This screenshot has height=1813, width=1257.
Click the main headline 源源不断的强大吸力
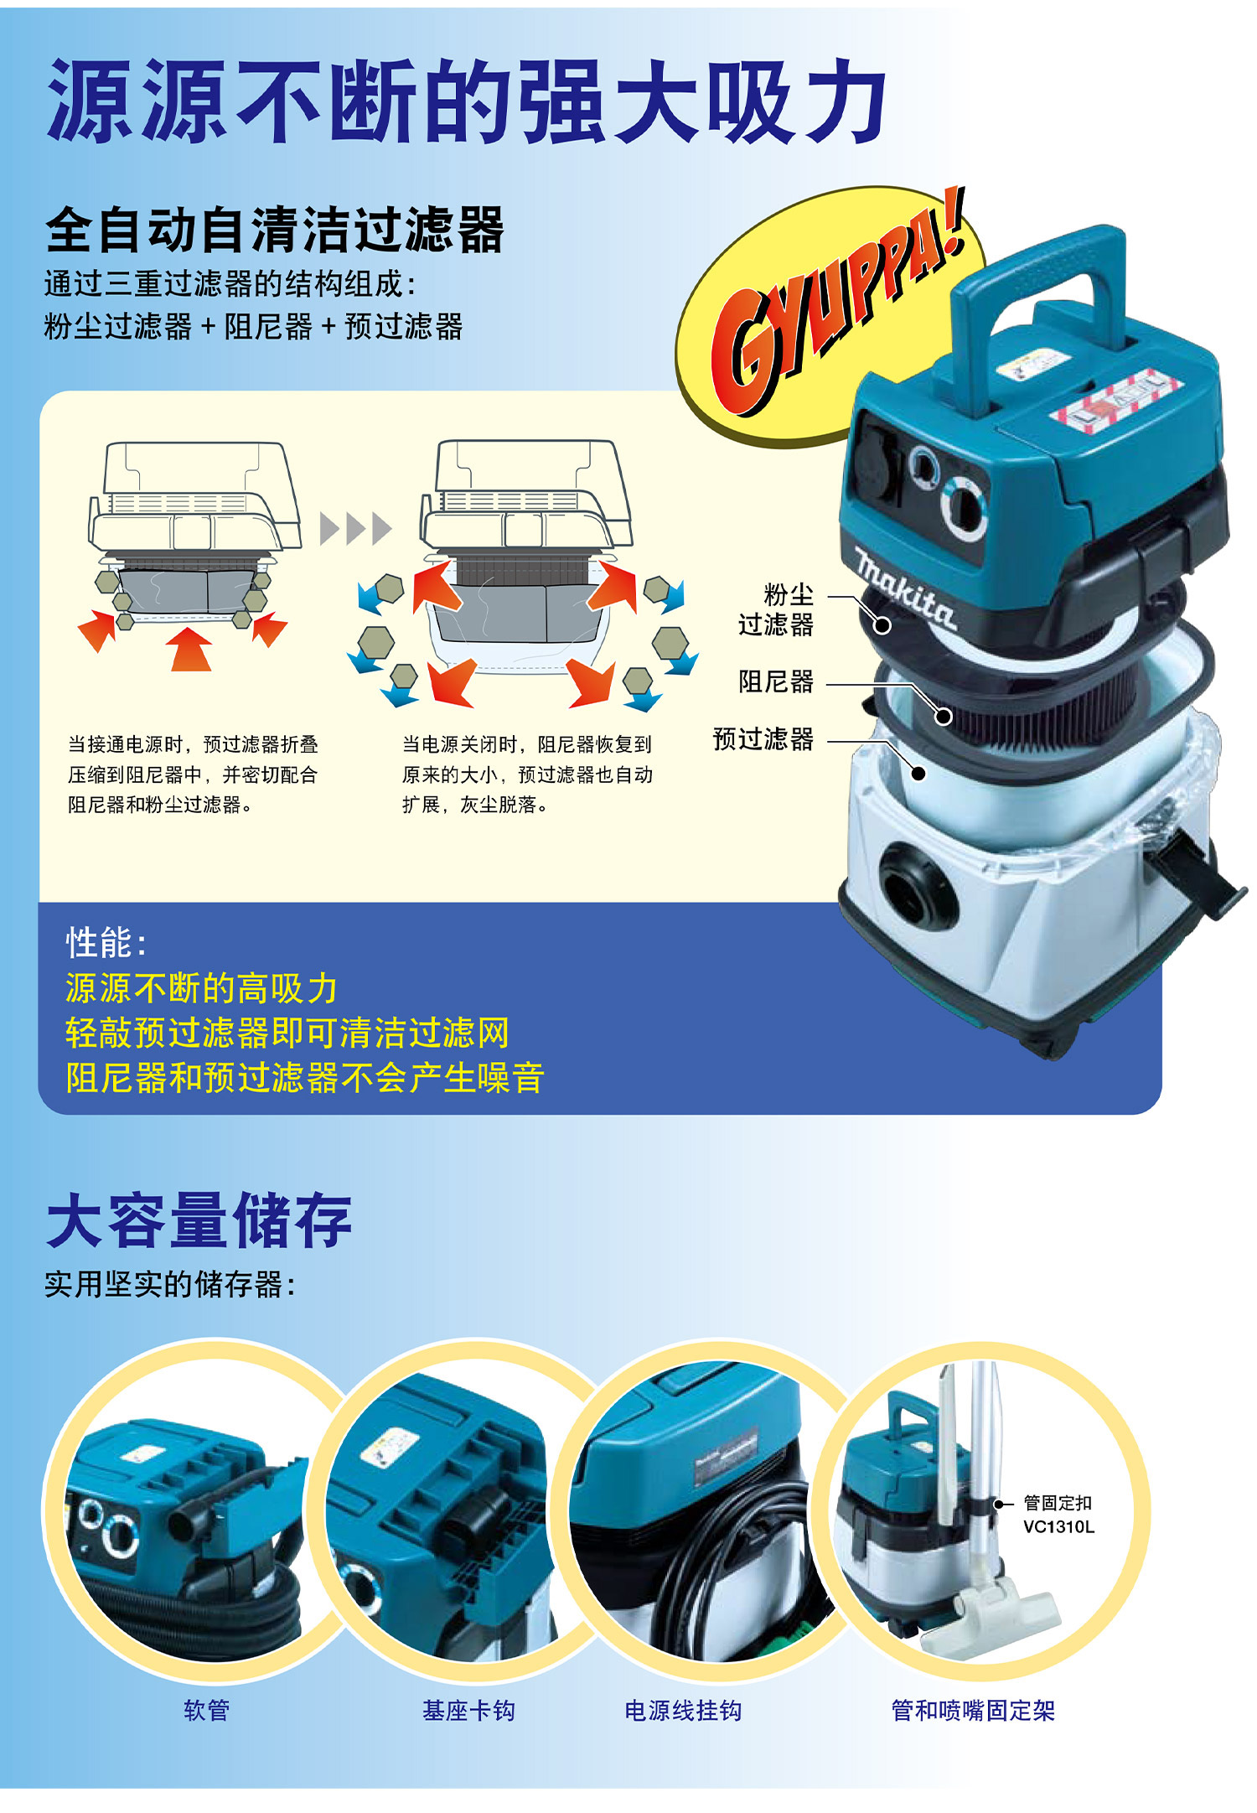pos(466,101)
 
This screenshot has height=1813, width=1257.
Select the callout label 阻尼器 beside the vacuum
pos(776,681)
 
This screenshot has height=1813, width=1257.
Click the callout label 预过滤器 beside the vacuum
pos(763,738)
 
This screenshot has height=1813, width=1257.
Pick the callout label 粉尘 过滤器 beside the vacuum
pos(777,609)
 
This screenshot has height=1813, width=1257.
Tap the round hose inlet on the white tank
pos(917,885)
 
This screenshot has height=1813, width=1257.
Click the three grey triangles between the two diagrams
pos(356,529)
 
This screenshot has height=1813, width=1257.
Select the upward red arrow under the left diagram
pos(190,650)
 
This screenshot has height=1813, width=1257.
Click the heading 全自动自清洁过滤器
pos(275,231)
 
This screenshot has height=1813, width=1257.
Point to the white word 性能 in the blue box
pos(101,943)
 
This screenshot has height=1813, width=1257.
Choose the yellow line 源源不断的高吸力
pos(201,988)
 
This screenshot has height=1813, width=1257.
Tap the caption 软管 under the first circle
pos(206,1710)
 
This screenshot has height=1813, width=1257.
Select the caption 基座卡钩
pos(468,1710)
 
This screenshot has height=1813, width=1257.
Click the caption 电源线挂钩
pos(683,1710)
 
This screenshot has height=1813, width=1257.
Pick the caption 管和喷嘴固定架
pos(973,1710)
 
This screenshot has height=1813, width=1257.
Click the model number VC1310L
pos(1058,1526)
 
